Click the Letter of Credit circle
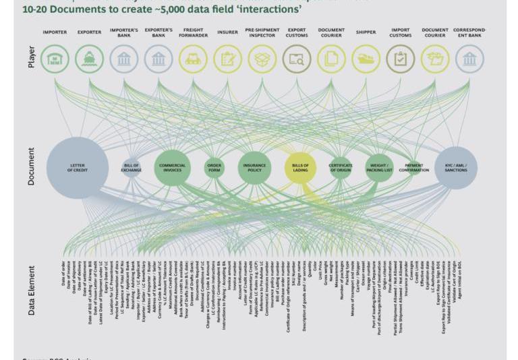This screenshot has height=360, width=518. (x=78, y=167)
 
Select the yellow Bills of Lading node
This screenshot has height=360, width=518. (x=300, y=167)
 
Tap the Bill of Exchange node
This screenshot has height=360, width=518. (x=132, y=167)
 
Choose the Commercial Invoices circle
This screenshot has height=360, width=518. (x=172, y=167)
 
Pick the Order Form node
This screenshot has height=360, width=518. (x=214, y=167)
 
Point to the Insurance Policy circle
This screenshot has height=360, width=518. (x=254, y=167)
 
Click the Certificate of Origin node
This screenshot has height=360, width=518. (x=341, y=167)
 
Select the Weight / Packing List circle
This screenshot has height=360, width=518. (x=379, y=167)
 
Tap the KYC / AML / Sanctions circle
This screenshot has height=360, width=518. (x=456, y=167)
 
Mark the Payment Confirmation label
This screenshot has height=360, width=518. (x=414, y=167)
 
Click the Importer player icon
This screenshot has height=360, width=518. (x=55, y=59)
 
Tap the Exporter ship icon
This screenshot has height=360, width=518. (x=89, y=59)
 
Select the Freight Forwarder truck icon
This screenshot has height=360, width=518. (x=193, y=59)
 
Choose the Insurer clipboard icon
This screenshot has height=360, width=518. (x=227, y=59)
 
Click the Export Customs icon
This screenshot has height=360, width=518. (x=297, y=59)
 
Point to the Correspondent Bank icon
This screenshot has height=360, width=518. (x=469, y=59)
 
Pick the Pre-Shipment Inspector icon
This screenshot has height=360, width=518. (x=262, y=59)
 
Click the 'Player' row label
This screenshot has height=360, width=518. (x=32, y=57)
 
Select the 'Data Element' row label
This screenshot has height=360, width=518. (x=32, y=291)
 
